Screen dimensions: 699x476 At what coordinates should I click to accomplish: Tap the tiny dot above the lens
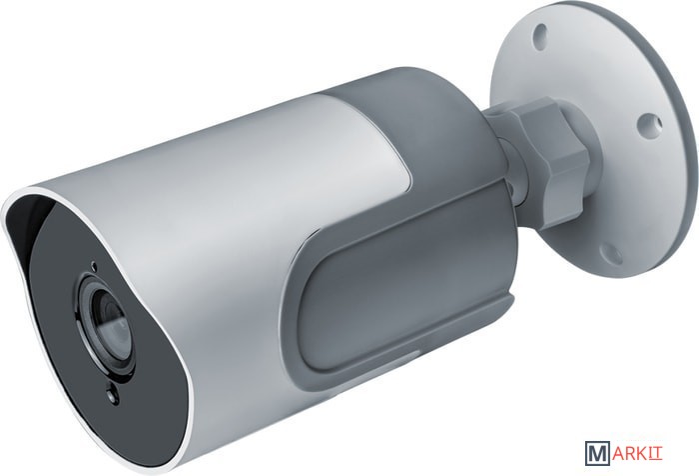tap(93, 266)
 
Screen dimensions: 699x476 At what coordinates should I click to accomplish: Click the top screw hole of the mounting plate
tap(540, 36)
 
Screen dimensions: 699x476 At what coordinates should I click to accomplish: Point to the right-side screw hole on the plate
tap(649, 124)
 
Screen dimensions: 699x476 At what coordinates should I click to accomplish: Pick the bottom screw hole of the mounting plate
tap(611, 254)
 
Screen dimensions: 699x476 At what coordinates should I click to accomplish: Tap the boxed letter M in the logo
tap(597, 453)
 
